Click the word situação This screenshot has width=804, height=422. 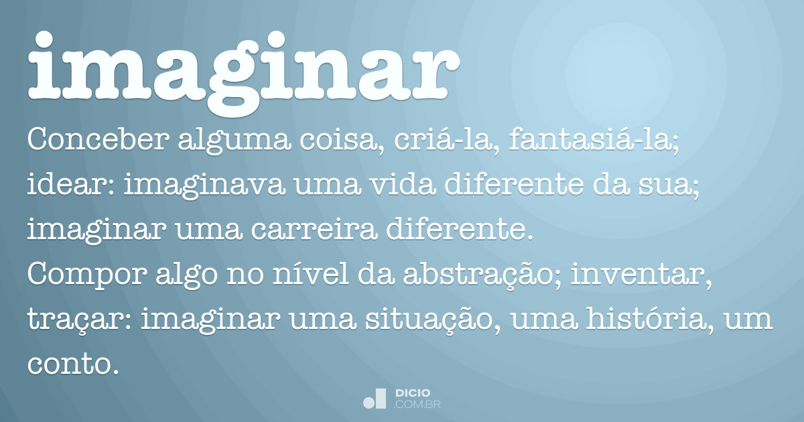pyautogui.click(x=429, y=321)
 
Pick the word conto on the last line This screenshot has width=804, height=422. pyautogui.click(x=68, y=365)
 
